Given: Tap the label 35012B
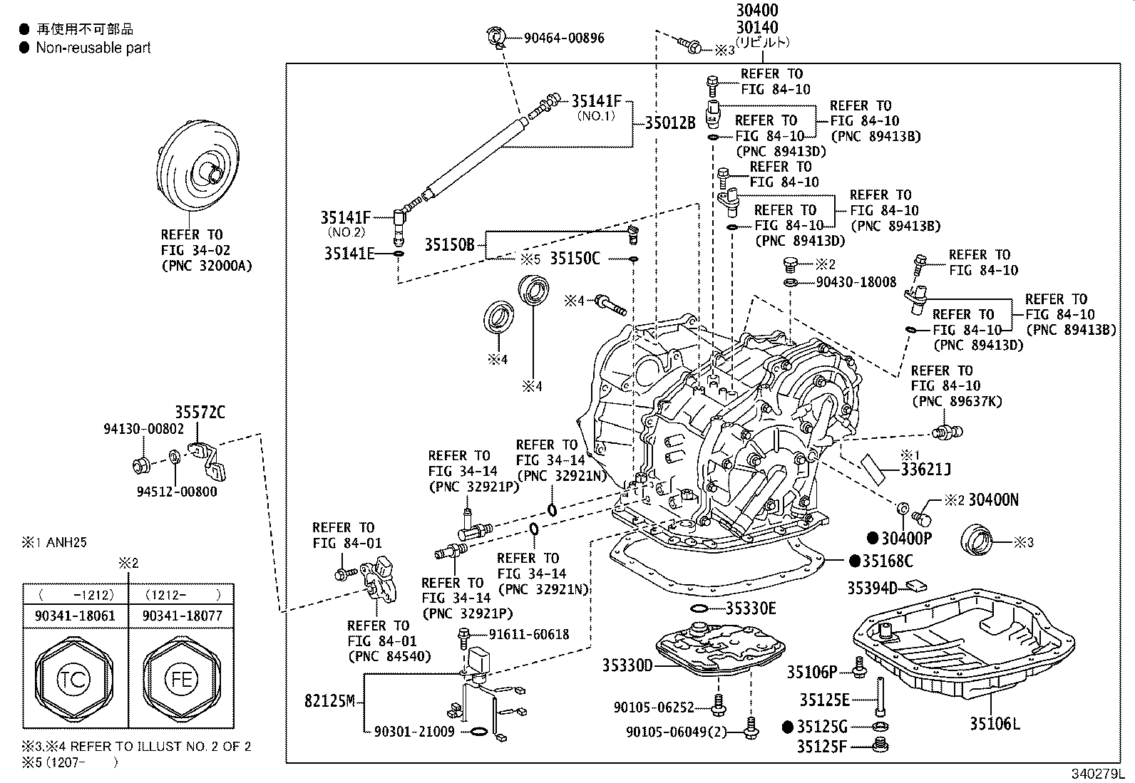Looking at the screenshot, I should (669, 123).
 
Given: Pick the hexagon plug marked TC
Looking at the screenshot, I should (74, 678).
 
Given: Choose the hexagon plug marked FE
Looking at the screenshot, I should (180, 678).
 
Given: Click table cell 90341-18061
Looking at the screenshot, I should (74, 616).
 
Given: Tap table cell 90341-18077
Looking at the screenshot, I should (183, 616).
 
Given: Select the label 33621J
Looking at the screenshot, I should (925, 470).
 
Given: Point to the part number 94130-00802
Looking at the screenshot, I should (143, 429).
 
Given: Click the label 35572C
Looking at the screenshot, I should (200, 412).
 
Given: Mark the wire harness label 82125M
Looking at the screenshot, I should (329, 701).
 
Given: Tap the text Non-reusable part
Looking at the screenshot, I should (93, 48).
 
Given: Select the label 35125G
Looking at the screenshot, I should (822, 727).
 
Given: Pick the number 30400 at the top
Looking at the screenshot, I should (757, 11).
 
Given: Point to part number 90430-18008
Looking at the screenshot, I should (856, 282).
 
